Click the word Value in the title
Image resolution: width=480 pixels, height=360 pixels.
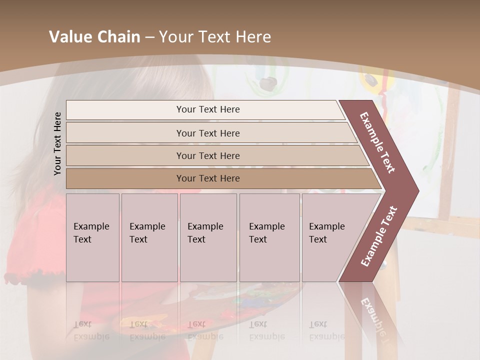pyautogui.click(x=70, y=37)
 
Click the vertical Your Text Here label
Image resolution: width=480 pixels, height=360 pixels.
pyautogui.click(x=57, y=143)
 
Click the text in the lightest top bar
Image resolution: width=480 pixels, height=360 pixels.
pyautogui.click(x=208, y=109)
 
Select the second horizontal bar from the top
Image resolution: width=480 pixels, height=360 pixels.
pyautogui.click(x=208, y=133)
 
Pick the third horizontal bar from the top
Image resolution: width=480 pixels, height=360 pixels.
pyautogui.click(x=208, y=156)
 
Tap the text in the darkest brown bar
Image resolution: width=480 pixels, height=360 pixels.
pyautogui.click(x=208, y=178)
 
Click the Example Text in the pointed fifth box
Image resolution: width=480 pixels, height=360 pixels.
pyautogui.click(x=327, y=233)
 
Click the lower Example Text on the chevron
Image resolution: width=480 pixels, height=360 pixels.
pyautogui.click(x=379, y=236)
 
